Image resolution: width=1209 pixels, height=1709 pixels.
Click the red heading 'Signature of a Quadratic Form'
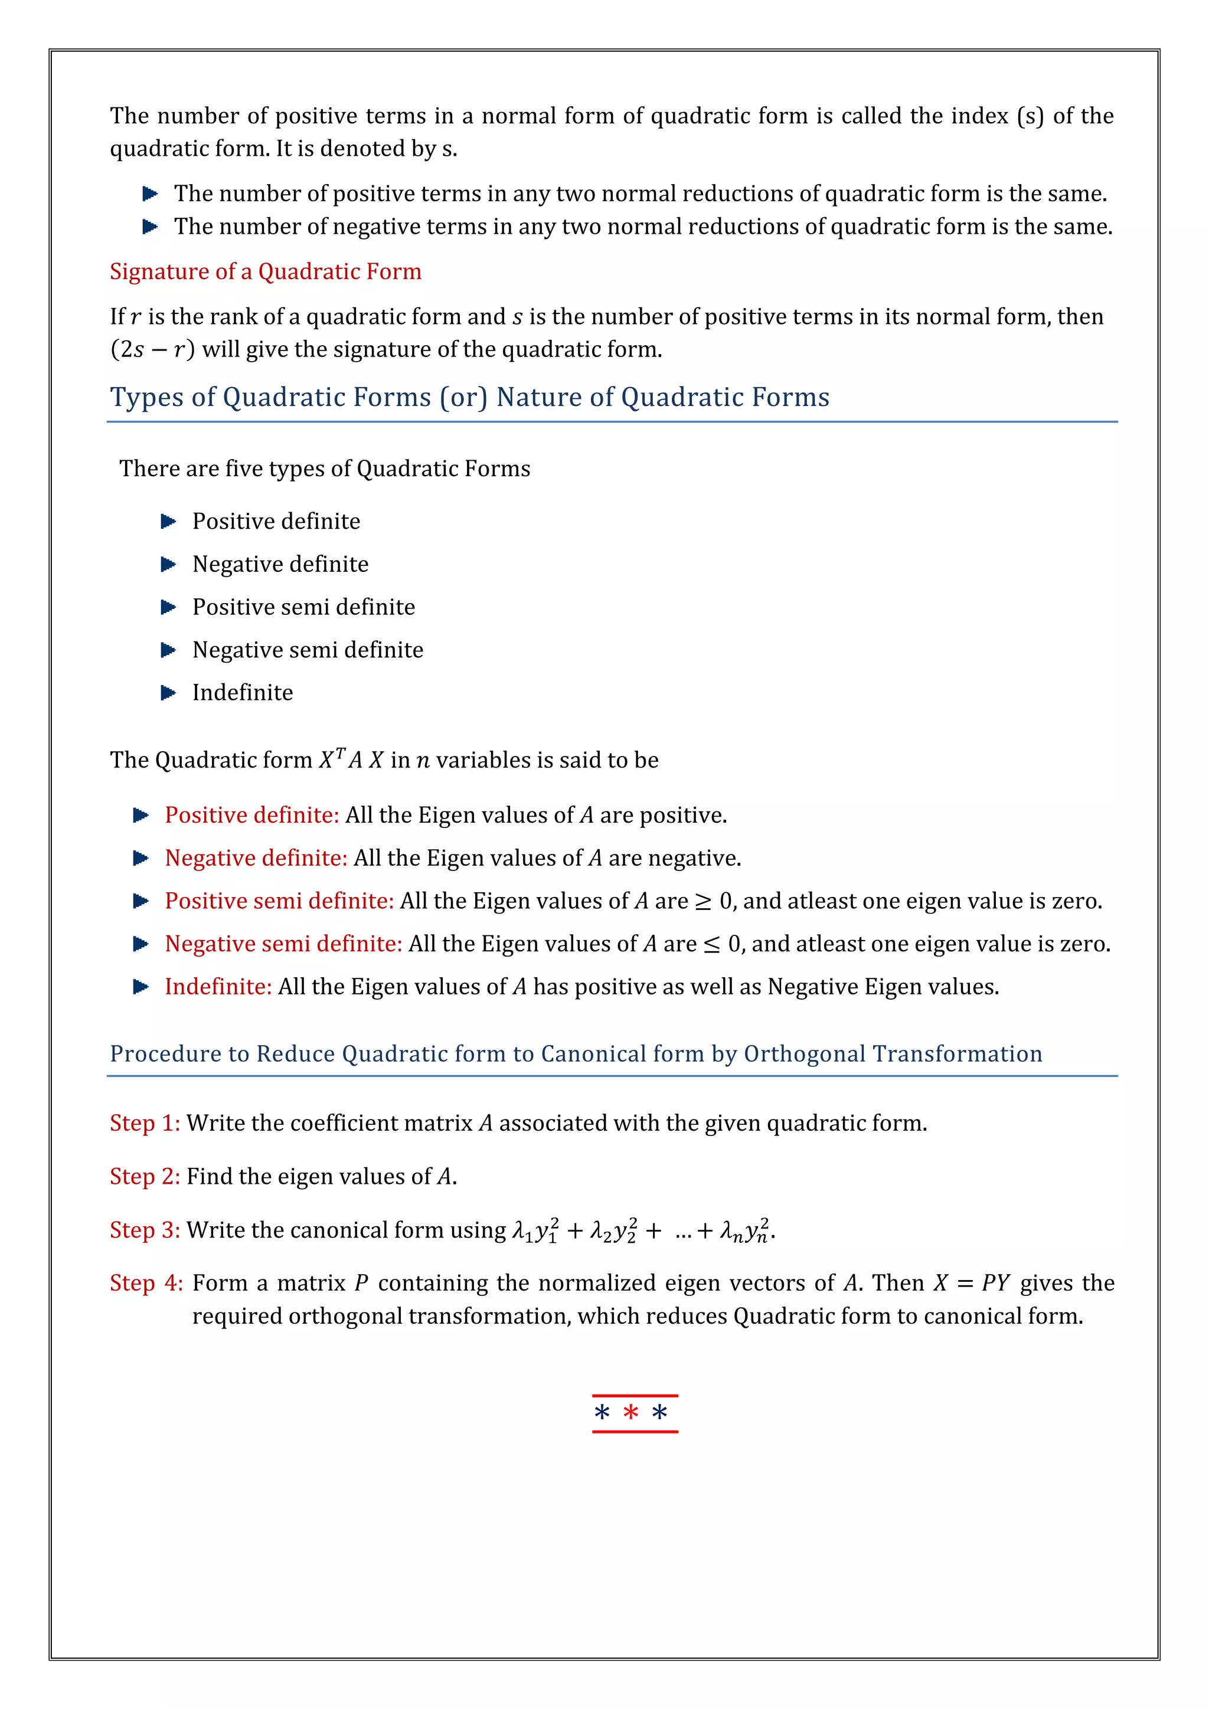pyautogui.click(x=265, y=271)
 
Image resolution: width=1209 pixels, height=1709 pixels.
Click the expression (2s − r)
pyautogui.click(x=153, y=349)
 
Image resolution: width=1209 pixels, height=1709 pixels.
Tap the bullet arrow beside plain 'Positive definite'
pyautogui.click(x=168, y=521)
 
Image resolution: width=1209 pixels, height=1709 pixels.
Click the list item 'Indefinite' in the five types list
pyautogui.click(x=243, y=693)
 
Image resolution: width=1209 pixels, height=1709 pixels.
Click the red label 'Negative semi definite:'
pyautogui.click(x=283, y=944)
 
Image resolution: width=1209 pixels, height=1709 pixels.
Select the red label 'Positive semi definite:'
pyautogui.click(x=279, y=901)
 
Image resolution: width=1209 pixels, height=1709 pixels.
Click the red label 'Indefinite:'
pyautogui.click(x=218, y=987)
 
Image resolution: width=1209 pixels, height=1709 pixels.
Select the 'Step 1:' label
pyautogui.click(x=145, y=1123)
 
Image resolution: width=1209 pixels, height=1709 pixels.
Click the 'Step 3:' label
pyautogui.click(x=145, y=1230)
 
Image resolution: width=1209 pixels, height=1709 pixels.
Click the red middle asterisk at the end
pyautogui.click(x=630, y=1413)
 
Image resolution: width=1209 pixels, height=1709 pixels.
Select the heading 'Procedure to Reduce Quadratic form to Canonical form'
pyautogui.click(x=576, y=1054)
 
